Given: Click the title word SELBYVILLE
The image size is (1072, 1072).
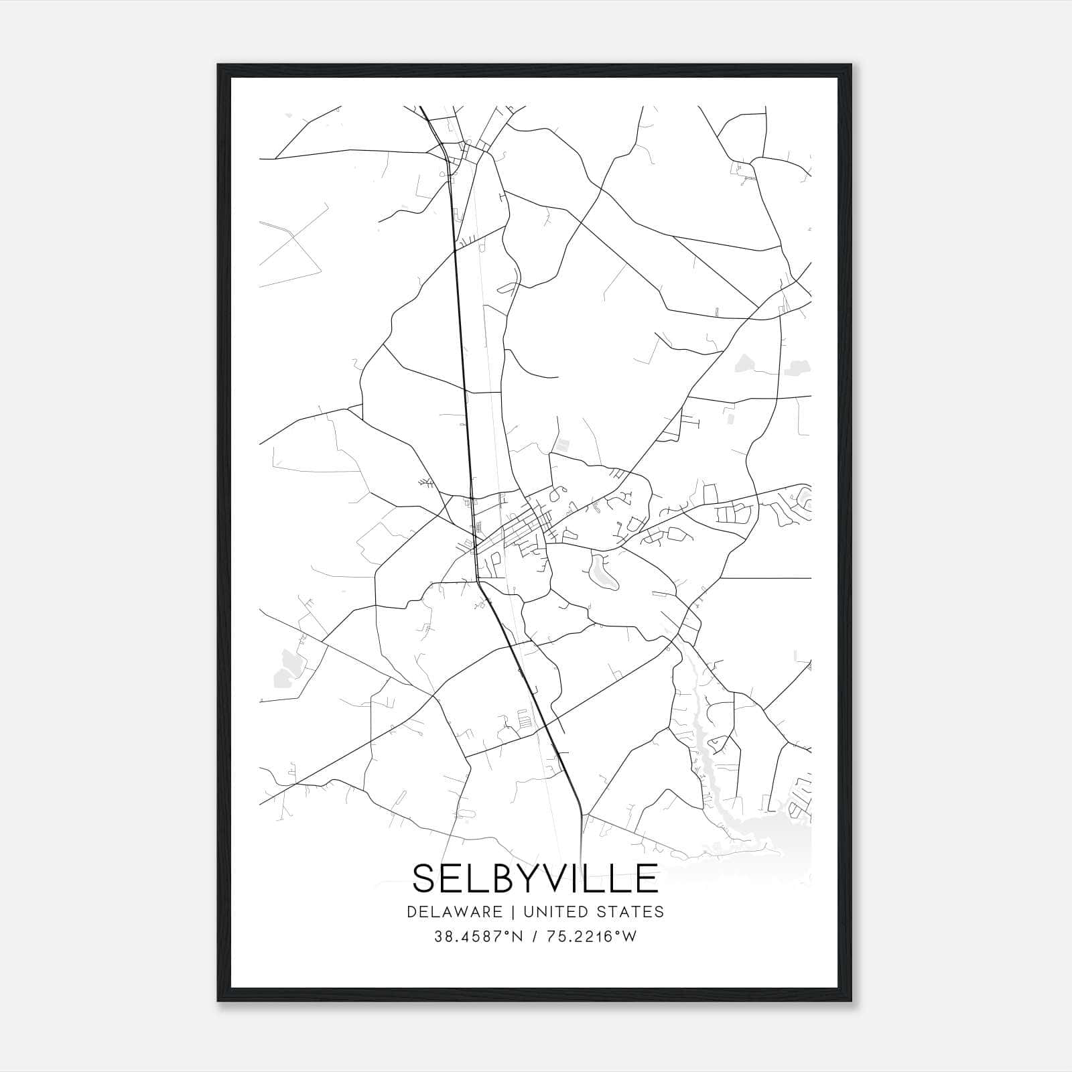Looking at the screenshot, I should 535,878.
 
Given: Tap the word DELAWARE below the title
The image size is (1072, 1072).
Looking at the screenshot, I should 454,912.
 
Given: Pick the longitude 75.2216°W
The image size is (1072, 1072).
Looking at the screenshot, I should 592,937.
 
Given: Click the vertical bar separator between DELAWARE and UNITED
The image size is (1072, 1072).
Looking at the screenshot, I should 513,912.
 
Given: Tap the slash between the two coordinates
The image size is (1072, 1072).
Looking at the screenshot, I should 533,937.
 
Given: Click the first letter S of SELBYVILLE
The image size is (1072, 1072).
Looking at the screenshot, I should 425,878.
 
